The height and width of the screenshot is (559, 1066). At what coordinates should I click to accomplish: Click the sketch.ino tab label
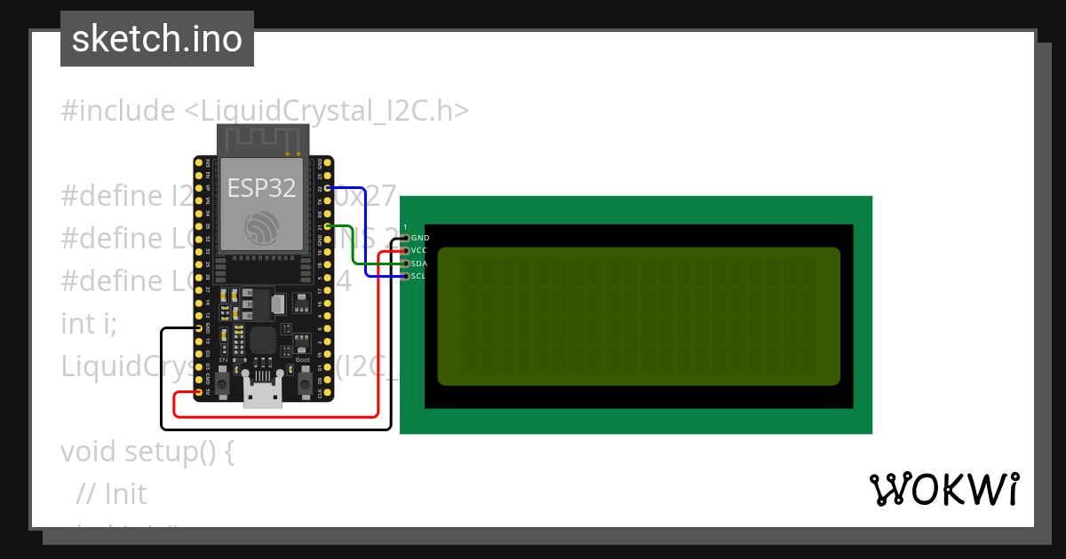[x=157, y=39]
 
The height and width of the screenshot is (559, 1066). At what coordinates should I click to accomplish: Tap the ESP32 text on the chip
[x=262, y=187]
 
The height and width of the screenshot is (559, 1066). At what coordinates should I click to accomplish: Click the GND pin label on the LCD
[x=420, y=238]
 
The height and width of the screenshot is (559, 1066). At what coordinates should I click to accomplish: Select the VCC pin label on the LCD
[x=420, y=251]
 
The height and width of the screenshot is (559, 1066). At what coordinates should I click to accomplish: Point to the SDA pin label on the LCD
[x=420, y=264]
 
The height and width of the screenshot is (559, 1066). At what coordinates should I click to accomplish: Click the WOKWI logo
[x=943, y=489]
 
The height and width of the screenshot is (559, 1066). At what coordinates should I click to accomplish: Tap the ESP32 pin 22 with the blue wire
[x=330, y=189]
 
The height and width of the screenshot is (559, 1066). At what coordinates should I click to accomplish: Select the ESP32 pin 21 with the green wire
[x=330, y=226]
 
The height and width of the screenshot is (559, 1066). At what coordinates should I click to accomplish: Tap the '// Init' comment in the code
[x=112, y=493]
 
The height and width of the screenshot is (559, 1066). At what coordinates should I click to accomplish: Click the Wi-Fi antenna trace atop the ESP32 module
[x=261, y=138]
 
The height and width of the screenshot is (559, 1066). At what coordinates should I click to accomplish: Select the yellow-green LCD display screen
[x=638, y=316]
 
